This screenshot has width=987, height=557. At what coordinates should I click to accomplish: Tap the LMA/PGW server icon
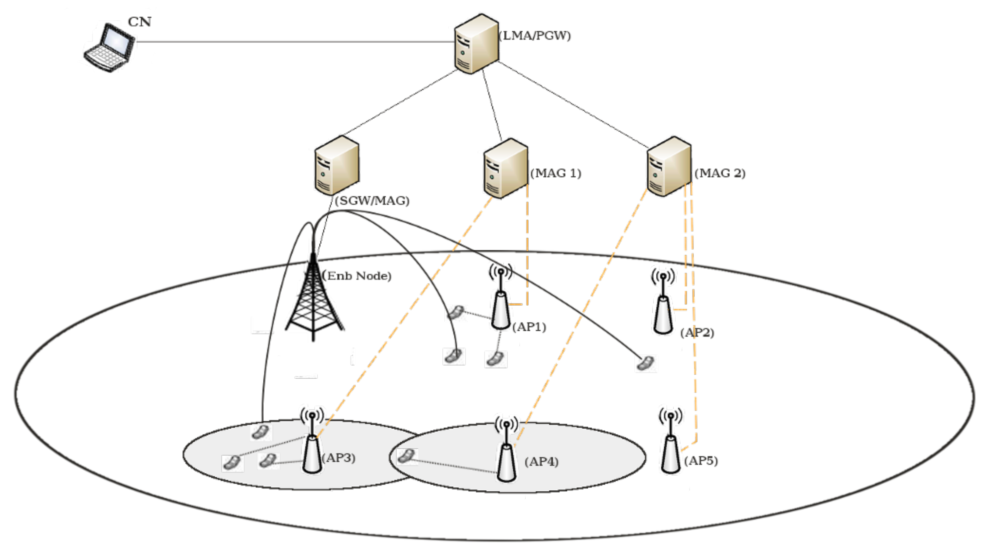[x=476, y=44]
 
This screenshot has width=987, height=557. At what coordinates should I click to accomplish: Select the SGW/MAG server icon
[x=336, y=165]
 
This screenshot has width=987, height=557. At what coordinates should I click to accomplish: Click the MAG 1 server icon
[x=505, y=168]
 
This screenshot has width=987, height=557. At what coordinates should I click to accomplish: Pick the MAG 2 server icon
[x=669, y=167]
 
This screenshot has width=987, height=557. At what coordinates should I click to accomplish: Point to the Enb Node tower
[x=313, y=299]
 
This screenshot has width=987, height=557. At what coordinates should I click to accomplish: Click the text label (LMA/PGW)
[x=535, y=35]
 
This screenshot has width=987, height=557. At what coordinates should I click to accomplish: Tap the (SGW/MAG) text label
[x=372, y=201]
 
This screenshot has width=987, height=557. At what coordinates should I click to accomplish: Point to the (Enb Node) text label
[x=357, y=276]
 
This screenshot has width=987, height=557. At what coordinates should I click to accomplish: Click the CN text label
[x=140, y=22]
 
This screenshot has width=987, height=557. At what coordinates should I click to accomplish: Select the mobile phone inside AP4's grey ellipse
[x=406, y=456]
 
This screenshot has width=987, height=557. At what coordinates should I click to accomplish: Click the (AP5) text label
[x=701, y=461]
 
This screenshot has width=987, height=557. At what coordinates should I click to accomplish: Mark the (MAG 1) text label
[x=556, y=173]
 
